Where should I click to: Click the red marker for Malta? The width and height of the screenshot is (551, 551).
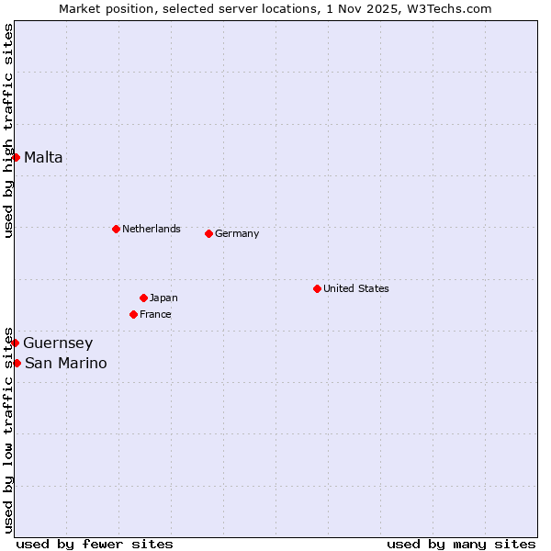(x=16, y=157)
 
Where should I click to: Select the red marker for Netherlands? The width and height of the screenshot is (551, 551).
(x=116, y=229)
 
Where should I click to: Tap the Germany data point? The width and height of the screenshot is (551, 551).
(x=208, y=233)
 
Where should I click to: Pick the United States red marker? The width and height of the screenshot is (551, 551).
(x=317, y=288)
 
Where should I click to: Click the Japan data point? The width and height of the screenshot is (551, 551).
(x=143, y=298)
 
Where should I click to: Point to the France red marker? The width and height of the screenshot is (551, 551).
(x=133, y=314)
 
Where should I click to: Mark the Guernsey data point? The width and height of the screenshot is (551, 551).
(x=15, y=343)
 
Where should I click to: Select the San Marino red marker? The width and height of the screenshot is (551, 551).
(x=17, y=363)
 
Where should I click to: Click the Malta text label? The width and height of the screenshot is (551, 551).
(x=43, y=157)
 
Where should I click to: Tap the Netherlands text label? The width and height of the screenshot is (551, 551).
(x=152, y=229)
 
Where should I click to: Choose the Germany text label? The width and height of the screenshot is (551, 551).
(x=237, y=233)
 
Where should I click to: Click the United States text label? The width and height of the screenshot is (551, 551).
(x=356, y=288)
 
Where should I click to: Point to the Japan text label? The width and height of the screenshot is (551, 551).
(x=163, y=298)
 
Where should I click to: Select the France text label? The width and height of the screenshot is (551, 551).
(x=155, y=314)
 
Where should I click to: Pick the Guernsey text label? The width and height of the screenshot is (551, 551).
(x=58, y=343)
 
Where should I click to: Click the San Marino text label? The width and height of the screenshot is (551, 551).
(x=65, y=363)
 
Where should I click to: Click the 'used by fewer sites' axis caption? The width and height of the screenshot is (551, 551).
(x=95, y=544)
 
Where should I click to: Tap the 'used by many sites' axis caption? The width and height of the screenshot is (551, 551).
(x=461, y=544)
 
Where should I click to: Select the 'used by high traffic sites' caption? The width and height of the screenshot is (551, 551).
(x=8, y=130)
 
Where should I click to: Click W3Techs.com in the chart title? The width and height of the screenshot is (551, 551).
(x=451, y=8)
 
